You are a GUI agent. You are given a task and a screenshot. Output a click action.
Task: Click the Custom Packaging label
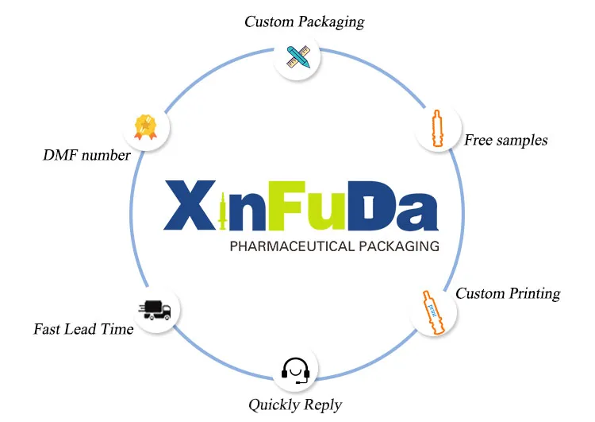(x=304, y=21)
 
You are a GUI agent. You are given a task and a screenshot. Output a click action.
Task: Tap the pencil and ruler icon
(x=297, y=57)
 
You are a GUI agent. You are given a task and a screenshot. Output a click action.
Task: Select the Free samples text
(x=505, y=141)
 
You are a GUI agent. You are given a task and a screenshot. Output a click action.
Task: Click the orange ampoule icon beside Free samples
(x=436, y=129)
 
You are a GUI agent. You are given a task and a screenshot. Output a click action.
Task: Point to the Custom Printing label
(x=508, y=293)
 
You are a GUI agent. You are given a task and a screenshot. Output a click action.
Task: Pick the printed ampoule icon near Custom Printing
(x=432, y=311)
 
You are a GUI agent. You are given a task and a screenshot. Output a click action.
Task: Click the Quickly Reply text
(x=295, y=405)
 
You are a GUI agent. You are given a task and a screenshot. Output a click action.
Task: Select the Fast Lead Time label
(x=83, y=328)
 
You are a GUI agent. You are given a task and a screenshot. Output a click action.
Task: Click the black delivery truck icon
(x=155, y=310)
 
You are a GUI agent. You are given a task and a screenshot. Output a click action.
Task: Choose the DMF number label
(x=86, y=155)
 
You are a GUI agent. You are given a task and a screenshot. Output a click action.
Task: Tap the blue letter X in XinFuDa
(x=190, y=205)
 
